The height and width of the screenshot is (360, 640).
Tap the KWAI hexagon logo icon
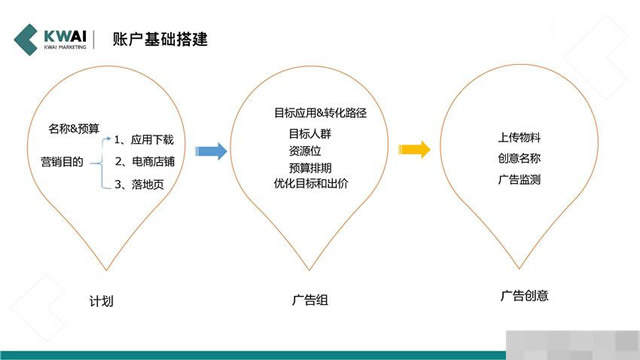[27, 40]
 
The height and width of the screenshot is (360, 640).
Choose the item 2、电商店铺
[147, 161]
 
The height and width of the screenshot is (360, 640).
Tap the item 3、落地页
[141, 184]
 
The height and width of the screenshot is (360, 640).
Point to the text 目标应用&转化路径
[320, 113]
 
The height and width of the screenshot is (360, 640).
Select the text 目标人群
[309, 133]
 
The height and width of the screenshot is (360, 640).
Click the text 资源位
[305, 150]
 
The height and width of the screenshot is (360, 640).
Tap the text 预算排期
[309, 167]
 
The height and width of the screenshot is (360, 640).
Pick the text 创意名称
[519, 158]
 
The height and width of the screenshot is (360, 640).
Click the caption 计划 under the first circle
[101, 301]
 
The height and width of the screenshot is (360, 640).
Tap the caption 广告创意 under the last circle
[524, 296]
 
